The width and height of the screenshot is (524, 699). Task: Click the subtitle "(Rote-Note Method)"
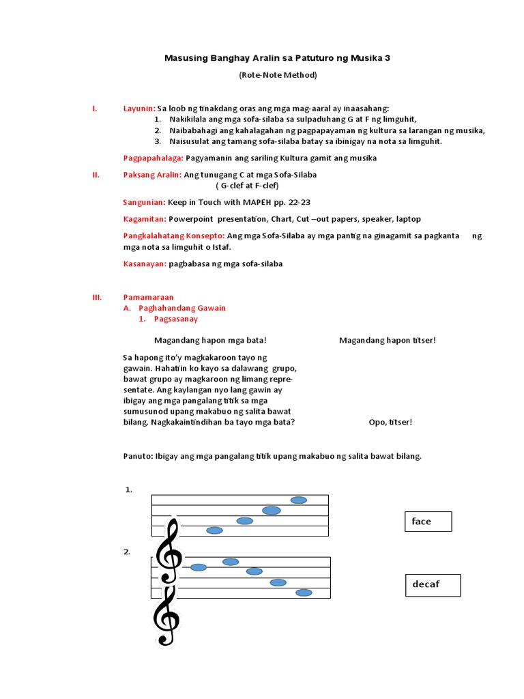point(278,75)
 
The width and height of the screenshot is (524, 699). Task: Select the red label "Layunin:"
point(139,109)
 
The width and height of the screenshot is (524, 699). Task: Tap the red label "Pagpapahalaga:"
point(154,158)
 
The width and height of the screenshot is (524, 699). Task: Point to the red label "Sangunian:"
point(144,203)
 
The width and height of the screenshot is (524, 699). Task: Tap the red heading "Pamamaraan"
point(148,297)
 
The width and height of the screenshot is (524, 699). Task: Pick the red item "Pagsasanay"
point(176,319)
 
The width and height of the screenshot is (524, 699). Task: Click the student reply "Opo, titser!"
point(390,422)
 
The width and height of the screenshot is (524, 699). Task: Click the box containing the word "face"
point(428,522)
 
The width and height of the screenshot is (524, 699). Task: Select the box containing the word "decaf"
point(435,585)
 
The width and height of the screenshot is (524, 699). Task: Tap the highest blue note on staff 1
point(299,500)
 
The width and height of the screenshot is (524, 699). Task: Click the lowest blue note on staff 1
point(214,530)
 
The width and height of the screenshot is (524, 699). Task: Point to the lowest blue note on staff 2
point(304,593)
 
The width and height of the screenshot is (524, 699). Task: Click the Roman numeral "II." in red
point(96,175)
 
